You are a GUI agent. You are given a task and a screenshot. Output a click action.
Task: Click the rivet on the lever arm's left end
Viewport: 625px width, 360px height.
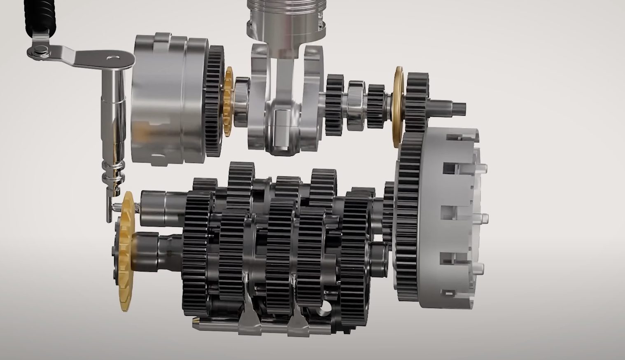point(40,51)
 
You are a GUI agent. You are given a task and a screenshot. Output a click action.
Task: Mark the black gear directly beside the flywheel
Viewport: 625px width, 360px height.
point(214,101)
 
